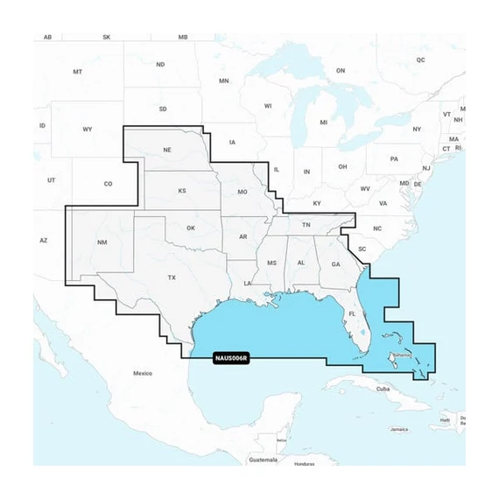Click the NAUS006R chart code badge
pos(231,357)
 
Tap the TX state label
pos(172,278)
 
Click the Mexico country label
pos(143,374)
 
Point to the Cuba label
pos(383,388)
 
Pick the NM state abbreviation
pos(102,242)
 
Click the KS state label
pos(183,190)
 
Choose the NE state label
pos(167,150)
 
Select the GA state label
pos(335,264)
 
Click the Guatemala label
pos(263,459)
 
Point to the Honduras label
pos(304,463)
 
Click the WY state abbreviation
pos(87,130)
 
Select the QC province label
pos(420,60)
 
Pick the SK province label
pos(107,38)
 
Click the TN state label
pos(306,226)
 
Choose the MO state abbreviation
pos(242,191)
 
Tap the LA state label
pos(248,284)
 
